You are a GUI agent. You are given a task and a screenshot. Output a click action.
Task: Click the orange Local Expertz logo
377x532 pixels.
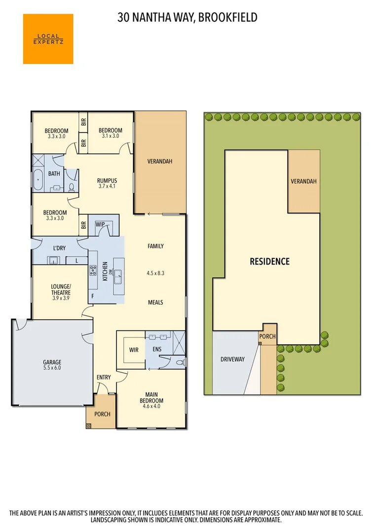[x=48, y=39]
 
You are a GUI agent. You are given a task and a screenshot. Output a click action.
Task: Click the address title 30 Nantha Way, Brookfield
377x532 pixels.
[x=188, y=18]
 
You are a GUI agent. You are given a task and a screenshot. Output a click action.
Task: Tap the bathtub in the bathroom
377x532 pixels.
[x=39, y=180]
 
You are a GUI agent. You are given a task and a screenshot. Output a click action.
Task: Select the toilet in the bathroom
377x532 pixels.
[x=72, y=187]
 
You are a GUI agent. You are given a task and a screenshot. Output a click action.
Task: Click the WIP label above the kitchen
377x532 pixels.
[x=101, y=225]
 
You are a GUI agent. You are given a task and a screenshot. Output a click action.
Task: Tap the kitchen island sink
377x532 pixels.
[x=119, y=280]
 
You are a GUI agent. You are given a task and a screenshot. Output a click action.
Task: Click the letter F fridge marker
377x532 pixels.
[x=92, y=296]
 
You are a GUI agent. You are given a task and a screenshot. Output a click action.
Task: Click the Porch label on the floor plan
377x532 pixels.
[x=102, y=414]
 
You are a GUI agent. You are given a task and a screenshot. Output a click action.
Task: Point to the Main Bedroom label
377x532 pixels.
[x=152, y=397]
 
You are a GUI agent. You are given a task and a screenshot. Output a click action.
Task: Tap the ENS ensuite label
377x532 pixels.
[x=156, y=349]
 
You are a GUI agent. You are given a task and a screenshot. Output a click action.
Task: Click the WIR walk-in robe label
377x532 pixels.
[x=133, y=350]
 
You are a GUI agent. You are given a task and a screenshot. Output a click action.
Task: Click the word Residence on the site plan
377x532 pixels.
[x=269, y=261]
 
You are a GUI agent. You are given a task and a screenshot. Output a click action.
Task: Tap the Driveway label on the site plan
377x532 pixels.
[x=232, y=359]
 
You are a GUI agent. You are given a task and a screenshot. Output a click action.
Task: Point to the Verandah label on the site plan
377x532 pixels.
[x=303, y=181]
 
